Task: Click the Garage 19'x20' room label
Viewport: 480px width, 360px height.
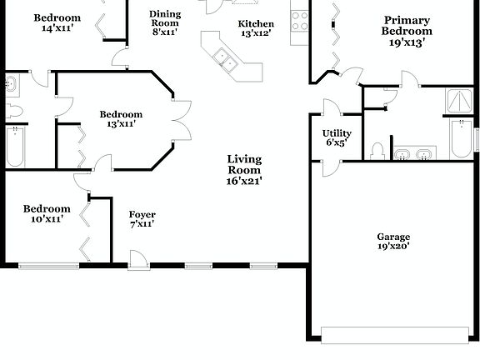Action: point(393,242)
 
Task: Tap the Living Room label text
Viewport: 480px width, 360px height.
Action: point(244,170)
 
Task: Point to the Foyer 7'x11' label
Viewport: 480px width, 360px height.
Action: point(142,219)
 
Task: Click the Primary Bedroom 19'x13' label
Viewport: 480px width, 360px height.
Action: point(407,31)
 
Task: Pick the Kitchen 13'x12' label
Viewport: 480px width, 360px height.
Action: point(255,28)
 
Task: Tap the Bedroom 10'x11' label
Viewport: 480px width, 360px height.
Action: point(46,213)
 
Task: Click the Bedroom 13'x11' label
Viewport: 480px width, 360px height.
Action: point(121,119)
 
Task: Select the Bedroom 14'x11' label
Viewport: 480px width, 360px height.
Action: point(57,22)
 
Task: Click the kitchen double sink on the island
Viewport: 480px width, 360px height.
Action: point(224,59)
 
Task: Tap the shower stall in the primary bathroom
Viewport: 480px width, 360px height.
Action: point(459,101)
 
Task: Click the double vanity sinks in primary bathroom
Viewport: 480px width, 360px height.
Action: point(413,153)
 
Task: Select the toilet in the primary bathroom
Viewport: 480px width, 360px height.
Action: point(377,151)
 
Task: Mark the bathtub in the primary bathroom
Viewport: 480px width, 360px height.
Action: point(462,138)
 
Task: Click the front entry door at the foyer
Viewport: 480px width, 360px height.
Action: point(139,262)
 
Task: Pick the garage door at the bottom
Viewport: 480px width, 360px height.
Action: point(394,335)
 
